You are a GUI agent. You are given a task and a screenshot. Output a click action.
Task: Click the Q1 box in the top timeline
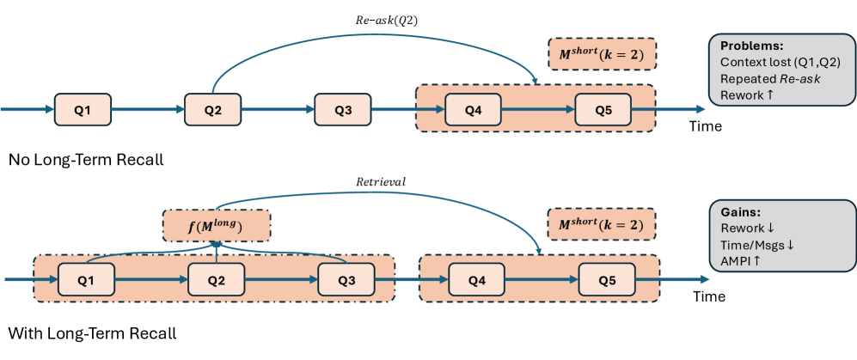point(83,109)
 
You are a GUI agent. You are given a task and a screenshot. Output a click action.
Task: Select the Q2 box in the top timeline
point(213,109)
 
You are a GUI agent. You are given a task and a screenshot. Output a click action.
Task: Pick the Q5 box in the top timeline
point(603,109)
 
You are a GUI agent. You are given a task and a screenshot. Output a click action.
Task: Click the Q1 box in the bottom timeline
point(86,279)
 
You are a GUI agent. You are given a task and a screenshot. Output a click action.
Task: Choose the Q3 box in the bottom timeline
point(346,279)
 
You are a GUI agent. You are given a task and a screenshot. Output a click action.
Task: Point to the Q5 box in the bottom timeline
point(607,279)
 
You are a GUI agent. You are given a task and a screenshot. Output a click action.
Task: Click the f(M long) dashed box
point(217,226)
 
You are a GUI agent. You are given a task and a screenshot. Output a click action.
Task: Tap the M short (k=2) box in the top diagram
point(602,56)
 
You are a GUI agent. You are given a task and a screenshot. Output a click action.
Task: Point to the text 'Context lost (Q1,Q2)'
point(780,63)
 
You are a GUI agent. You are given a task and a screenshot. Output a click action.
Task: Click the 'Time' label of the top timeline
point(707,126)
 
